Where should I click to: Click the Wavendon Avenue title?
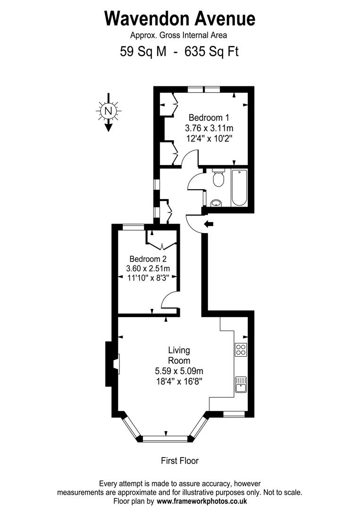tap(180, 18)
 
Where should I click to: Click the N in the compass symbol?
tap(109, 111)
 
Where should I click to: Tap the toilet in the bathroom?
tap(218, 178)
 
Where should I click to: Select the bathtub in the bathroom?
tap(239, 188)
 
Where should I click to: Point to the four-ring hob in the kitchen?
tap(241, 350)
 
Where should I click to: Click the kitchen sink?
tap(241, 384)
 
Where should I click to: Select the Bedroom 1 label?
tap(209, 117)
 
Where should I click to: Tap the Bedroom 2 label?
tap(148, 259)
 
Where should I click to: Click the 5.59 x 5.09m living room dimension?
tap(179, 370)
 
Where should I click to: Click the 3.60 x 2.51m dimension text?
tap(148, 268)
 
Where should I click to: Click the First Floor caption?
tap(180, 461)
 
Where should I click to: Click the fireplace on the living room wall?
tap(115, 364)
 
